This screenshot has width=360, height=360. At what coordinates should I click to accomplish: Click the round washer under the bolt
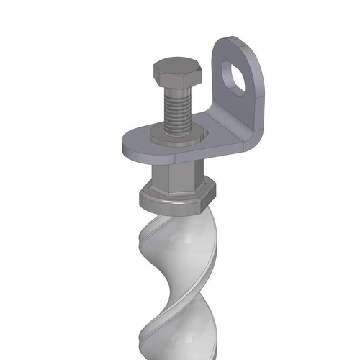click(x=173, y=136)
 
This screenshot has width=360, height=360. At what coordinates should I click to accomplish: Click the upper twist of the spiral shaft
click(x=176, y=245)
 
